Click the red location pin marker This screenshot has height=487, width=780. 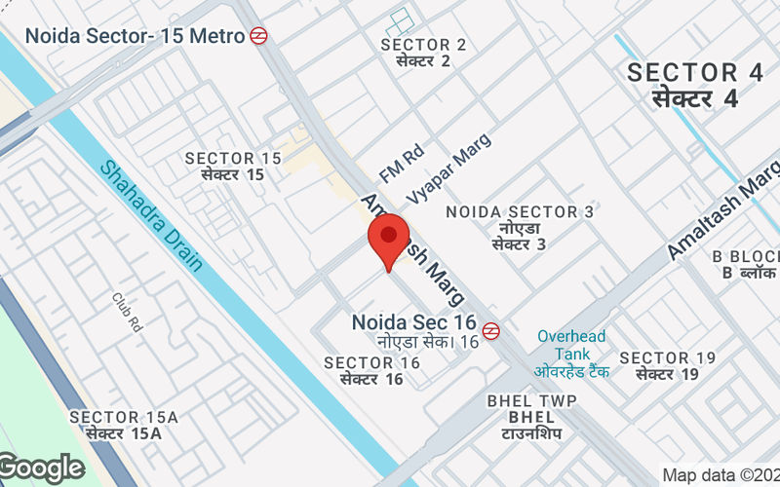point(388,239)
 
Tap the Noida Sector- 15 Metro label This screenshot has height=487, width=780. point(135,36)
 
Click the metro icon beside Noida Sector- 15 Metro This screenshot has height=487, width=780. point(258,36)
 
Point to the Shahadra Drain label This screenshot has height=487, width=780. point(152,215)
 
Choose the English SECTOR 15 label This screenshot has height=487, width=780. point(233,159)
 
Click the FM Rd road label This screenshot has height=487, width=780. point(402,164)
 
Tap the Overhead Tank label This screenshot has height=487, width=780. point(571,345)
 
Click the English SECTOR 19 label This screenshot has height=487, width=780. point(668,358)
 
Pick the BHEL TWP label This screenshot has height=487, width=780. point(531,401)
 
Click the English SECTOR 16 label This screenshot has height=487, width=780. point(371,363)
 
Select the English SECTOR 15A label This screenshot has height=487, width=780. point(123,418)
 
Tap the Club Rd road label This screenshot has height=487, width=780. point(128,312)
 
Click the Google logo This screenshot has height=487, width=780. point(42,468)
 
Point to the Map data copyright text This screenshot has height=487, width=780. point(721,475)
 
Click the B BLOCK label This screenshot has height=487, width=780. point(747,256)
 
